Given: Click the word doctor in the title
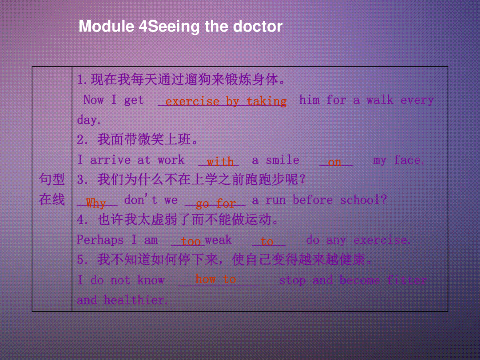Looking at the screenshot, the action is point(258,26).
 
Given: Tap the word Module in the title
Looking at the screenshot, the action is point(106,26).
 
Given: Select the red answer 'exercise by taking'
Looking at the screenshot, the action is point(226,102).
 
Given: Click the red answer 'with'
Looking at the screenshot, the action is point(220,162).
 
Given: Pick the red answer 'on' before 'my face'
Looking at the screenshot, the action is point(334,162).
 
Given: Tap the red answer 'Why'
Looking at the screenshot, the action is point(96,203).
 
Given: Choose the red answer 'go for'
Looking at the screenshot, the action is point(216,204).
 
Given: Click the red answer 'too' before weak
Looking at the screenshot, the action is point(191,242).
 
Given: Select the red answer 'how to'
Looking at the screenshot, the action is point(216,279).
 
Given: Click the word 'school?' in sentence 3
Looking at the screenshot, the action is point(364,200).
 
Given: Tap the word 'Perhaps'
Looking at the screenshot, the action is point(100,240).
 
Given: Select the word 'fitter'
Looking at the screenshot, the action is point(407,280).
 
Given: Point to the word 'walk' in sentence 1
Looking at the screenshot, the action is point(380,100).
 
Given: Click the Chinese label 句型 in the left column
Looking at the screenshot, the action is point(52,179).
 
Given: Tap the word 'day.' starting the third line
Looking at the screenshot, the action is point(89,120).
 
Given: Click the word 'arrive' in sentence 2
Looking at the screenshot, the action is point(110,160).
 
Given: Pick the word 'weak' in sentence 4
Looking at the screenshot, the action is point(218,240).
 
